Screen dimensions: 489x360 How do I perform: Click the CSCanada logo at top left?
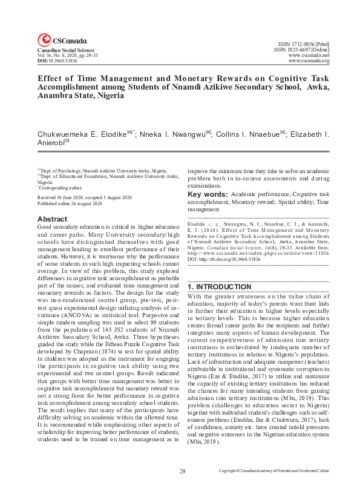pyautogui.click(x=56, y=40)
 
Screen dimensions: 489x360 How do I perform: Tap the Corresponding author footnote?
pyautogui.click(x=60, y=188)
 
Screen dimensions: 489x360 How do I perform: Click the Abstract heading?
pyautogui.click(x=52, y=218)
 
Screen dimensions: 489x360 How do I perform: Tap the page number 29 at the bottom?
pyautogui.click(x=182, y=470)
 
